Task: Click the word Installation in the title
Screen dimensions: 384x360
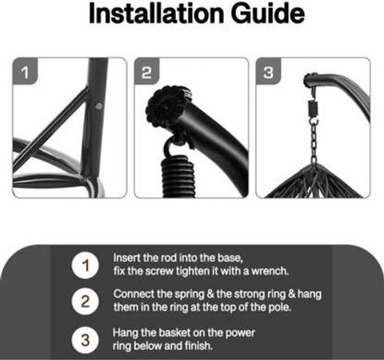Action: [x=156, y=14]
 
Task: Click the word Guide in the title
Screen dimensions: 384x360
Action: [x=267, y=14]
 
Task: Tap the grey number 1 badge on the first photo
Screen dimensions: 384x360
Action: [x=25, y=71]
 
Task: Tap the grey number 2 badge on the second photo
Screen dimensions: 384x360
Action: [x=146, y=71]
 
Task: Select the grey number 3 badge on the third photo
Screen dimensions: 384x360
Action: [x=268, y=71]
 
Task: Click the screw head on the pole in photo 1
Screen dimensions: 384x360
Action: [x=99, y=106]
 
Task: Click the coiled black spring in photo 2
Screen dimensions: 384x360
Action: [x=178, y=177]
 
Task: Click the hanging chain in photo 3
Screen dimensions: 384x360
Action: [x=314, y=141]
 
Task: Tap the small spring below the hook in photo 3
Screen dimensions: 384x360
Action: [x=312, y=109]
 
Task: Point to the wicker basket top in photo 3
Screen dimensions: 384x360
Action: [x=314, y=182]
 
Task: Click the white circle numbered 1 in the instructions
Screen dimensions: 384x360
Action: [x=85, y=266]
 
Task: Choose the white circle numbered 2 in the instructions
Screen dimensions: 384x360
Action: [x=85, y=302]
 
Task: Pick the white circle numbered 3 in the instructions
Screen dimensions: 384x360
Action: [x=85, y=340]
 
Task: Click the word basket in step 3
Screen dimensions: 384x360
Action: [x=174, y=333]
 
